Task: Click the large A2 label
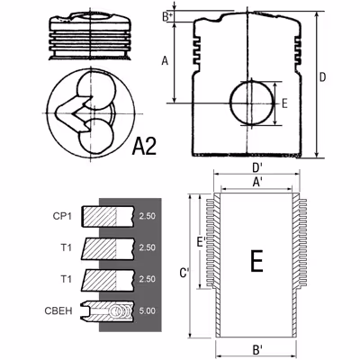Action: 144,146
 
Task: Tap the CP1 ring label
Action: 62,216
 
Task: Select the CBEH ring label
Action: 58,310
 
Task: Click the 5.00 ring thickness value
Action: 148,310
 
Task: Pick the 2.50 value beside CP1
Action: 148,216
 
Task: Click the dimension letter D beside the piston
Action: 322,77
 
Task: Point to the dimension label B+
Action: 167,17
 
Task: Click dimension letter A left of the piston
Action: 165,61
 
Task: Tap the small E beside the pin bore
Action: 284,103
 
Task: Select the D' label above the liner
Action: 256,168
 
